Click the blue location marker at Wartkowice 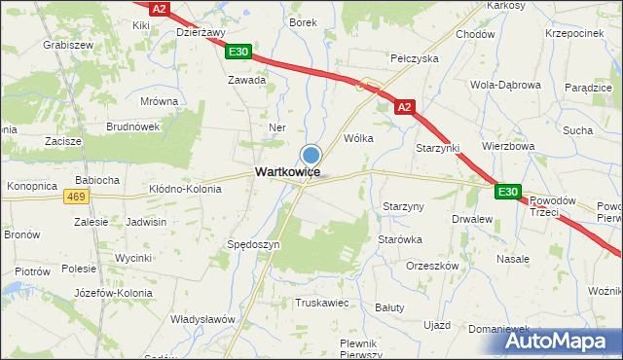tap(311, 155)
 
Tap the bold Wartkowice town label tap(287, 171)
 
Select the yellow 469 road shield tap(77, 197)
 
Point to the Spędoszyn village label tap(253, 244)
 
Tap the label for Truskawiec tap(321, 303)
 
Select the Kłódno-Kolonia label tap(185, 189)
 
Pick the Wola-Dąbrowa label tap(505, 85)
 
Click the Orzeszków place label tap(432, 266)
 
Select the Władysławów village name tap(203, 319)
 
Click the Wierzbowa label tap(509, 146)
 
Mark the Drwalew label tap(472, 220)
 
